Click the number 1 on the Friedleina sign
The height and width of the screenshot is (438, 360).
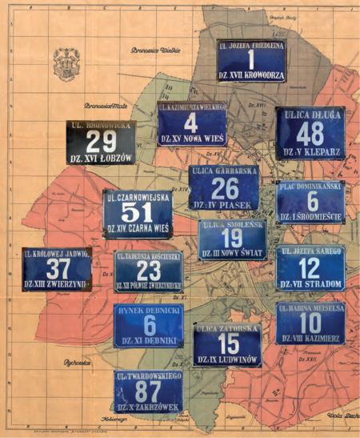click(251, 61)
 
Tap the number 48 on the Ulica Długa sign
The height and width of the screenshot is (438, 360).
click(311, 133)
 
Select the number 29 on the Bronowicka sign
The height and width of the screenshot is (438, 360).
click(102, 142)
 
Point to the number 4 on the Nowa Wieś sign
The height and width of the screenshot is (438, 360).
click(190, 123)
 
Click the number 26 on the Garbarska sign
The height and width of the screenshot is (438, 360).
click(225, 188)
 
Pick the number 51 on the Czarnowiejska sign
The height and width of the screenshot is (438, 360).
click(137, 212)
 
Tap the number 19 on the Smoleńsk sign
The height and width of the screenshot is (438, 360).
click(232, 239)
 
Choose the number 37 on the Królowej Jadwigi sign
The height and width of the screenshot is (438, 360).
click(58, 268)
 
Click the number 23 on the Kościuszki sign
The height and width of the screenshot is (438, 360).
click(149, 269)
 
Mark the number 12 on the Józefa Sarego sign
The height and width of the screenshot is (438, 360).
click(310, 267)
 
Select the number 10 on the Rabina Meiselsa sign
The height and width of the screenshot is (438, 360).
click(310, 321)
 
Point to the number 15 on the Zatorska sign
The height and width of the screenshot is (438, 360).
click(228, 343)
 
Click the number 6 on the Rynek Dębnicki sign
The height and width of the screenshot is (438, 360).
click(150, 323)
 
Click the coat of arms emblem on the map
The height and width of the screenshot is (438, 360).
click(66, 62)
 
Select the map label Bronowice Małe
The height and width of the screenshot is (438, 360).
click(106, 105)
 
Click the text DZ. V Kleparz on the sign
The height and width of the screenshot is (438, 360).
click(311, 151)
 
